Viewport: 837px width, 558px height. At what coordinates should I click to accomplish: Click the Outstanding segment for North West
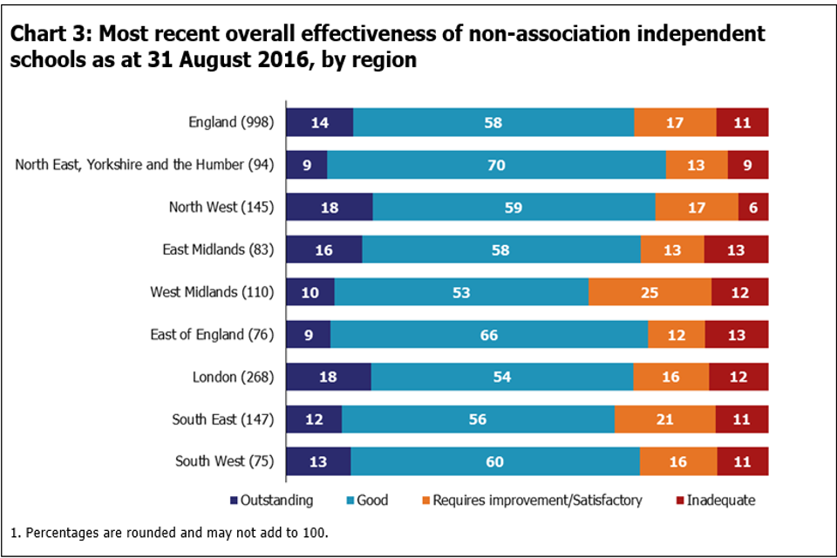click(x=329, y=207)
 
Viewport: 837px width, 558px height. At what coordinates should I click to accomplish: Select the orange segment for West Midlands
click(x=650, y=291)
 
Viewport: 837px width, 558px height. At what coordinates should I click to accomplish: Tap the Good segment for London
click(x=502, y=377)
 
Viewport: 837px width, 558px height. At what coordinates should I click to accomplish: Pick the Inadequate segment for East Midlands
click(x=736, y=249)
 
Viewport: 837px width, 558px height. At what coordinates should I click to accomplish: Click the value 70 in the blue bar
click(x=496, y=165)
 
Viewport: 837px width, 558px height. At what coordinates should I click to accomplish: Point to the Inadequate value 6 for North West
click(x=752, y=208)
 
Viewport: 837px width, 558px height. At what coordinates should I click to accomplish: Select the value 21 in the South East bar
click(x=664, y=419)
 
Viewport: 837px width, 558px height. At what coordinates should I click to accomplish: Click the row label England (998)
click(x=231, y=123)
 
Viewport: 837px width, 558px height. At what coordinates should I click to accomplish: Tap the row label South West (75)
click(x=224, y=461)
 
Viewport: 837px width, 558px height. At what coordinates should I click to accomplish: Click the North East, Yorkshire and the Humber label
click(x=144, y=165)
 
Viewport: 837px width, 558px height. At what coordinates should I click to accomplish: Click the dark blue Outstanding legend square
click(x=233, y=501)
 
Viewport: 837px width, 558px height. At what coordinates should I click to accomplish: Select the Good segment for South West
click(x=494, y=461)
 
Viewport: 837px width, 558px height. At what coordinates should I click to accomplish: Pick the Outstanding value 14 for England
click(x=319, y=123)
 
